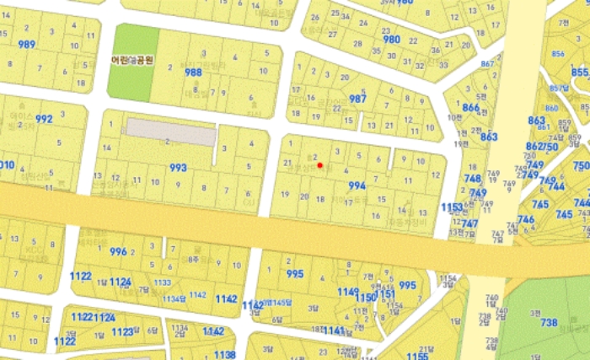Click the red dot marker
click(x=319, y=165)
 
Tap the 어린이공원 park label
click(x=132, y=61)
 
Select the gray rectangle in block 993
click(x=171, y=132)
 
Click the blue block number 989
click(x=27, y=44)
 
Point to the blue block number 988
click(x=193, y=73)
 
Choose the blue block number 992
click(x=44, y=119)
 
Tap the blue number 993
click(x=178, y=168)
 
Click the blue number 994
click(x=357, y=185)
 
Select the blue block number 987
click(x=358, y=99)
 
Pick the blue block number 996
click(x=118, y=251)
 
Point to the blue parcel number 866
click(x=470, y=108)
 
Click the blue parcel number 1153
click(x=452, y=207)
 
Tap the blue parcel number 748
click(x=472, y=179)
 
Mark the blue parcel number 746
click(x=526, y=219)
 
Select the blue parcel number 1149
click(x=347, y=292)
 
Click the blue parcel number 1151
click(x=387, y=294)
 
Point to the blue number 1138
click(x=224, y=355)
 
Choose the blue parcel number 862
click(x=533, y=146)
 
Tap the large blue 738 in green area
click(x=549, y=323)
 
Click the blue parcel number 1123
click(x=123, y=332)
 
